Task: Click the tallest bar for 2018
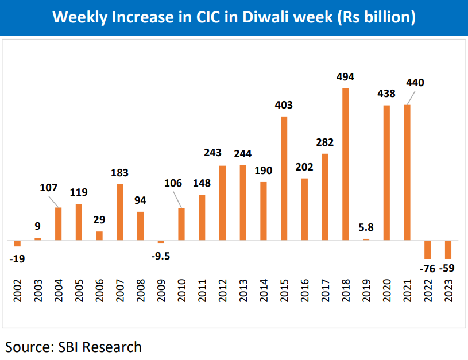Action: pos(345,164)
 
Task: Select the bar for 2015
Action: pos(284,178)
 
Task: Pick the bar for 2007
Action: pos(120,212)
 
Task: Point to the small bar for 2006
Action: pos(99,235)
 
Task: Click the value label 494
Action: pos(345,77)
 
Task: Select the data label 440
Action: pos(414,83)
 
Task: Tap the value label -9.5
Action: pos(160,256)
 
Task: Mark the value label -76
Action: pos(427,269)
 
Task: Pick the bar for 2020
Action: pos(386,172)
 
